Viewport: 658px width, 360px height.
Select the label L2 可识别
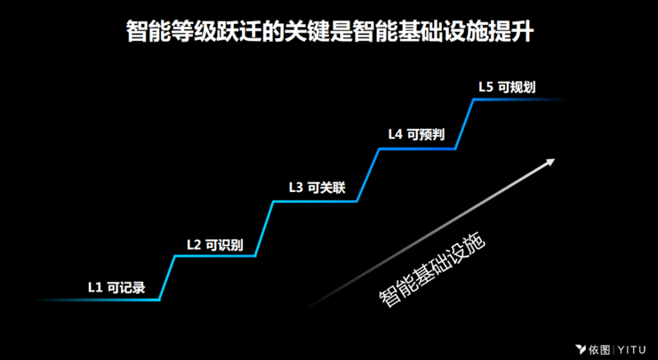(x=214, y=244)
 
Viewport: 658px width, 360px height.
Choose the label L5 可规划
(x=506, y=87)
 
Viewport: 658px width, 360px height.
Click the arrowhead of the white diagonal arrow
(x=551, y=161)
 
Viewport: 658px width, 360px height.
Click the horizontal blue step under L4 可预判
(x=418, y=149)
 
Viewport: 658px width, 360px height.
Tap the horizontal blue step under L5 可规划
(x=516, y=100)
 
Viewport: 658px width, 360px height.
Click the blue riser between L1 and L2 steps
(x=166, y=278)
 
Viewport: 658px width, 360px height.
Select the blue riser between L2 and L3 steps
(x=264, y=229)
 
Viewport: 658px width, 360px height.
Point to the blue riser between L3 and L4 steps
(x=368, y=175)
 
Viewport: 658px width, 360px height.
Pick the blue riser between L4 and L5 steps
(x=464, y=124)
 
